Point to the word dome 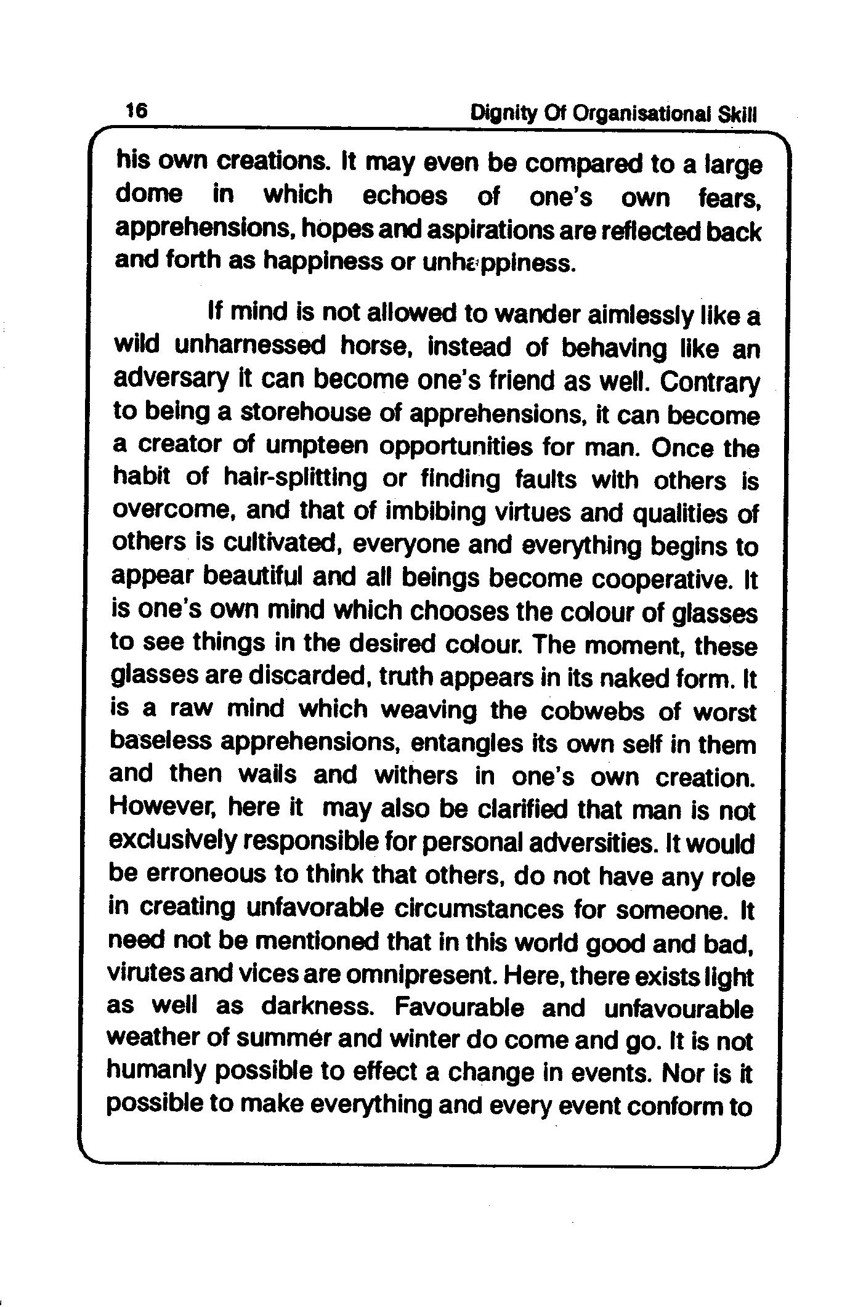[x=149, y=195]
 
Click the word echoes [x=404, y=196]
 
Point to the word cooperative [x=664, y=580]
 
